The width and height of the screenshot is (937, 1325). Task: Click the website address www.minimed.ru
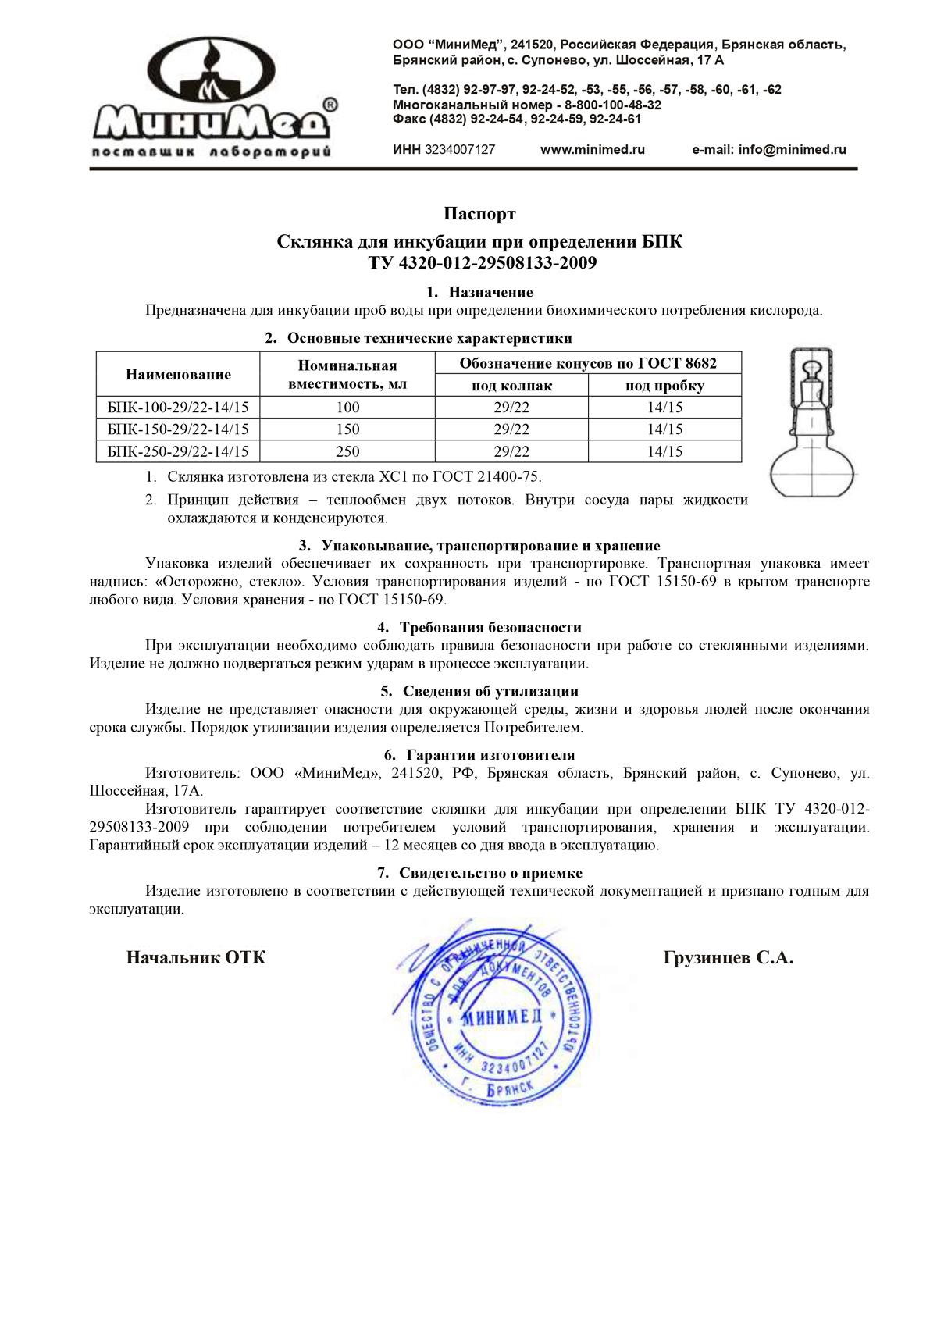tap(592, 150)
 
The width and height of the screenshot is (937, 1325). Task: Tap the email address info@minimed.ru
tap(768, 150)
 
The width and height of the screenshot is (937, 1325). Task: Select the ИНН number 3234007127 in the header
tap(459, 150)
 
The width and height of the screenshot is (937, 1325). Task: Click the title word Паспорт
tap(479, 214)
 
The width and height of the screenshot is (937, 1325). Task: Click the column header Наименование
tap(178, 375)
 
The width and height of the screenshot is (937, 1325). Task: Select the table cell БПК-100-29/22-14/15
tap(178, 408)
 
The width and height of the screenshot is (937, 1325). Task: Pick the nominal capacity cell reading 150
tap(347, 429)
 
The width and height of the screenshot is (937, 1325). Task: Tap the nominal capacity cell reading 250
tap(347, 451)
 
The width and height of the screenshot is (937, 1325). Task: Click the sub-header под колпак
tap(511, 386)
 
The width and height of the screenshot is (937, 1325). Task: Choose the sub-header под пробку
tap(664, 386)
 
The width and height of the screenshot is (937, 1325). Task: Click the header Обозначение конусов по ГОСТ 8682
tap(587, 363)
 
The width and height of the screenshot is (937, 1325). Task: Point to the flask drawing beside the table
tap(812, 426)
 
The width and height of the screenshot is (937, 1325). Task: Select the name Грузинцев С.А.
tap(728, 958)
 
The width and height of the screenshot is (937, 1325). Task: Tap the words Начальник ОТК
tap(196, 958)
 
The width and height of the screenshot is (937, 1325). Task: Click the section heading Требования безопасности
tap(490, 628)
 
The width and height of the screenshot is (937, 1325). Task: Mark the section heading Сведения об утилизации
tap(490, 692)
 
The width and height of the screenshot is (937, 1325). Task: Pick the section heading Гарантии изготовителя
tap(490, 756)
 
